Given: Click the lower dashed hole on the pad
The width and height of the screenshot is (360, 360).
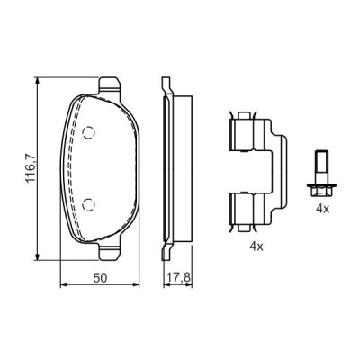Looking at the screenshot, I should (x=87, y=202).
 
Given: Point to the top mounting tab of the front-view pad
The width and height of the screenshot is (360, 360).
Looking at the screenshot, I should (x=108, y=84).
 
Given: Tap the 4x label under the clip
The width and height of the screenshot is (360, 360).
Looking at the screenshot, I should (x=256, y=245).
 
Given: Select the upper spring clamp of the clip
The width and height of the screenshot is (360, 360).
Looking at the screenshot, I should (x=244, y=134).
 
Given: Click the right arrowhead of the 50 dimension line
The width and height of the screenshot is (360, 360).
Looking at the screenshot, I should (x=148, y=286).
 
